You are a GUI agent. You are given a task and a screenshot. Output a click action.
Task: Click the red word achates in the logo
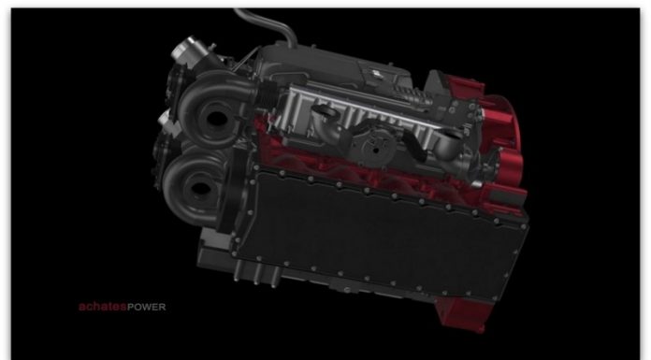tap(103, 307)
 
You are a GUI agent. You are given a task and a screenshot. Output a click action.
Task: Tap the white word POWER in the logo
tap(147, 308)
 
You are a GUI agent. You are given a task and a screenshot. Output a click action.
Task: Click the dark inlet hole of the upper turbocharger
tap(216, 119)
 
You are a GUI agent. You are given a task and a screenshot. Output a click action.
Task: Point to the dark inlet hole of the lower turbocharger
tap(200, 189)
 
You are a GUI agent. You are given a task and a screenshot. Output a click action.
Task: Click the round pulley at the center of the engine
tap(375, 147)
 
